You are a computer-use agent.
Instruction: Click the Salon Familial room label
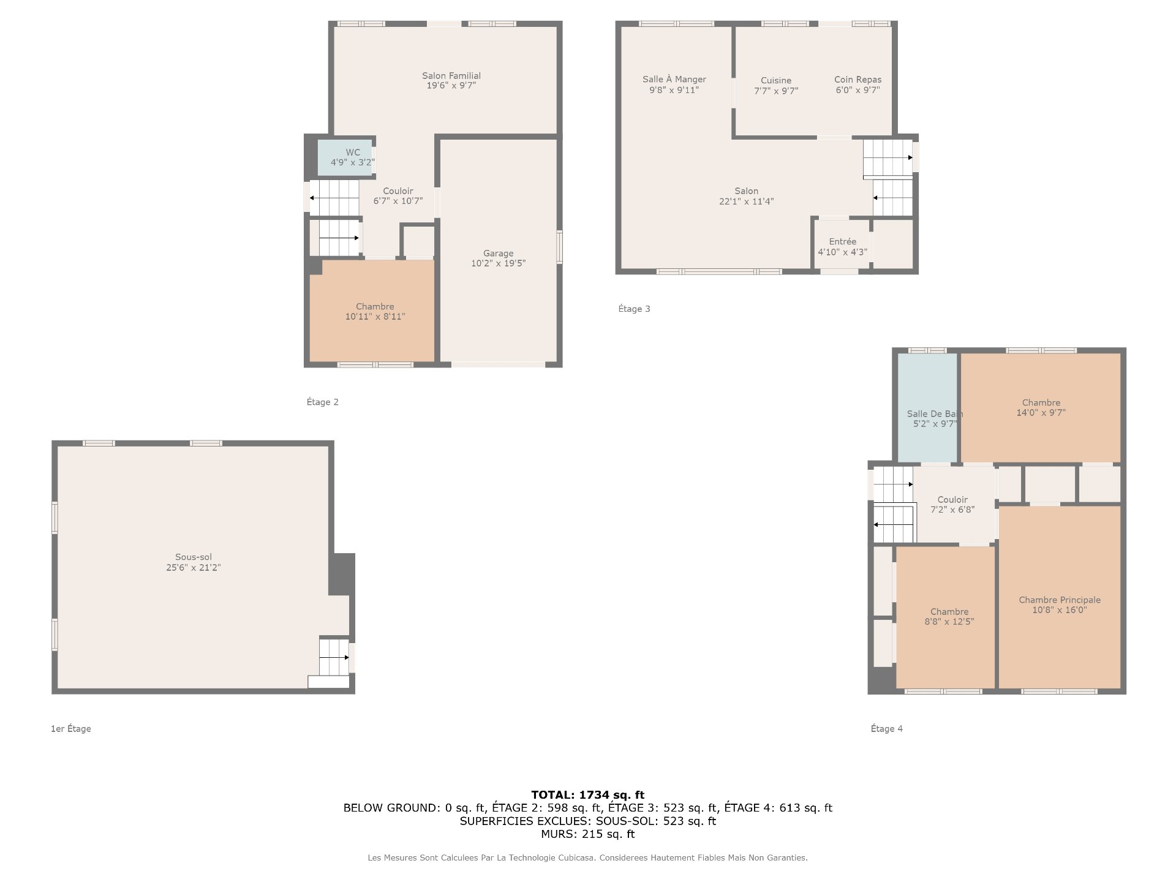pos(451,76)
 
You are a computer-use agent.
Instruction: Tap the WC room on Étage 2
pos(345,158)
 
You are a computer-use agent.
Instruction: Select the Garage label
pos(498,253)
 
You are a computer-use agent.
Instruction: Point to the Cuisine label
pos(776,80)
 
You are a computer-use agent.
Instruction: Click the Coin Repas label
pos(858,80)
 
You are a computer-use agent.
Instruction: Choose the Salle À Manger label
pos(674,79)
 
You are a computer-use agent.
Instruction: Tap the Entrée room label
pos(843,241)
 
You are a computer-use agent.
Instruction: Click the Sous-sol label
pos(194,557)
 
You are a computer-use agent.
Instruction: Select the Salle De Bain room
pos(927,407)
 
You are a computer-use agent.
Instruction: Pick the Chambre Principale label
pos(1060,600)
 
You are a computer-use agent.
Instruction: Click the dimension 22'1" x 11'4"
pos(747,202)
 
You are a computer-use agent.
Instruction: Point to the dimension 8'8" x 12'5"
pos(949,622)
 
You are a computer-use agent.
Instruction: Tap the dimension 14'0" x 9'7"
pos(1041,413)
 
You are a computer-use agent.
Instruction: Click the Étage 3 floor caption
pos(635,309)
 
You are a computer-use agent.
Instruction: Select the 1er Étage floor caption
pos(71,728)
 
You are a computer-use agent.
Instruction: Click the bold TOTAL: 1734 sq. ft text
pos(588,795)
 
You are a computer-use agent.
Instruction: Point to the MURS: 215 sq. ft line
pos(588,834)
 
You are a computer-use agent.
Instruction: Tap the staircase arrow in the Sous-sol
pos(334,657)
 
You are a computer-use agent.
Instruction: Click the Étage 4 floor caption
pos(887,728)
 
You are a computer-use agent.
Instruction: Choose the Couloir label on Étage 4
pos(952,499)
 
